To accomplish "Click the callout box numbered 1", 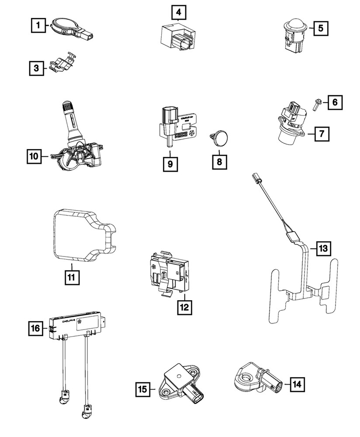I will [x=39, y=26].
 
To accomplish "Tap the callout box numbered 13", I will [x=322, y=249].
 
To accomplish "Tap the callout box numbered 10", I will [x=35, y=156].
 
